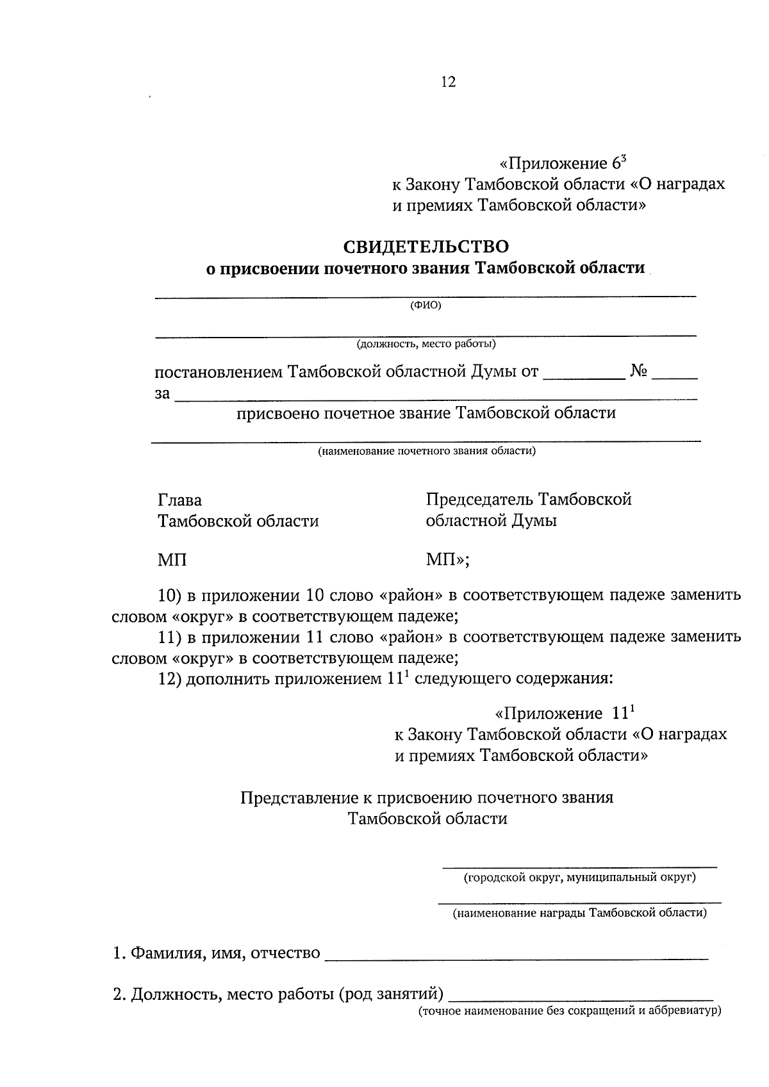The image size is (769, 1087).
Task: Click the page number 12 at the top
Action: click(x=448, y=82)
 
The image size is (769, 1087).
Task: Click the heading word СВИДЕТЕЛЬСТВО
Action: click(x=426, y=246)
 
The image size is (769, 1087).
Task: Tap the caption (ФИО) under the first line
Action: click(x=426, y=306)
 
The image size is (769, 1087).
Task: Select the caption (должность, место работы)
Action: click(x=427, y=344)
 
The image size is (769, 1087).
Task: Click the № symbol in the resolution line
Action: click(x=638, y=371)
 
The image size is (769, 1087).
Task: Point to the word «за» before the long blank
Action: click(x=163, y=393)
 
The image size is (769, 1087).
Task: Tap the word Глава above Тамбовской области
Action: click(x=179, y=500)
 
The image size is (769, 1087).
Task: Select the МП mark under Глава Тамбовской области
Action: click(x=172, y=560)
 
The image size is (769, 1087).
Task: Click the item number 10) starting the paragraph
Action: click(x=170, y=595)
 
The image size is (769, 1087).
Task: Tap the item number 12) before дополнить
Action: click(x=170, y=678)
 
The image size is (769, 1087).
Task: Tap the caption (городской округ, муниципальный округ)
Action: click(x=580, y=877)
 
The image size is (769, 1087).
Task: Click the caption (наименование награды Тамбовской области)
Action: click(x=580, y=913)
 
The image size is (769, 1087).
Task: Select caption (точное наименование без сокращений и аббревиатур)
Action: click(x=570, y=1011)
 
